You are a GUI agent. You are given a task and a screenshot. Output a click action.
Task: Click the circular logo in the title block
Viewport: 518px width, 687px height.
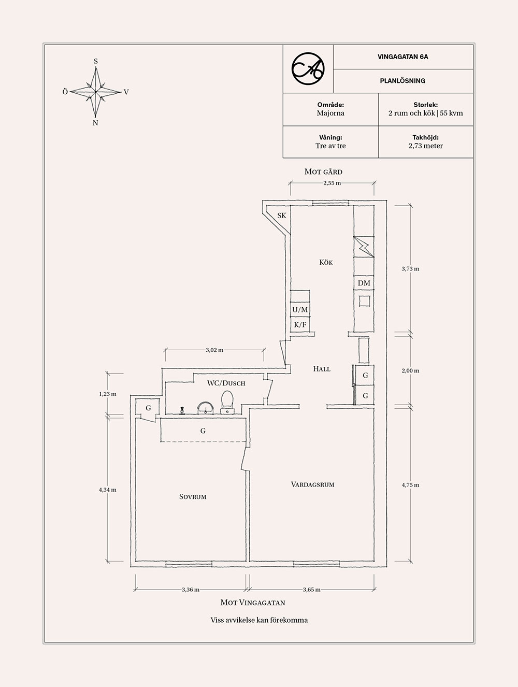click(x=308, y=69)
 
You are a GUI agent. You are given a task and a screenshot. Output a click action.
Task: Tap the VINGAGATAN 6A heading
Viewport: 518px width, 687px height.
click(x=403, y=56)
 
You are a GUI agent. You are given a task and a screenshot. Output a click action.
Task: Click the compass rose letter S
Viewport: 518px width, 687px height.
click(x=96, y=61)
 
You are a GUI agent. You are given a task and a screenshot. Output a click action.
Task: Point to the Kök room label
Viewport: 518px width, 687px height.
click(x=326, y=262)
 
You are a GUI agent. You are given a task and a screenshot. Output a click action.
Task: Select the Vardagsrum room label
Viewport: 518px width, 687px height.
click(x=312, y=484)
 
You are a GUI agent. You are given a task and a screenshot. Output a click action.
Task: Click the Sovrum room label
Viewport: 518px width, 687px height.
click(x=193, y=497)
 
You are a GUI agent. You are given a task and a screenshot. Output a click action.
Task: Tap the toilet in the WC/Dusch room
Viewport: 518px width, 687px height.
click(x=227, y=403)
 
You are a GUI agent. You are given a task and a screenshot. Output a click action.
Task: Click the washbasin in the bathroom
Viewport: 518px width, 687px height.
click(x=205, y=408)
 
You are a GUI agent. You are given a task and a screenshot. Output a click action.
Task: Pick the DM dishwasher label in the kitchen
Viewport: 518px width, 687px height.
click(x=364, y=283)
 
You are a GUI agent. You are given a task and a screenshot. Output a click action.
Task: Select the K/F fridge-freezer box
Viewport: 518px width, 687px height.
click(x=300, y=324)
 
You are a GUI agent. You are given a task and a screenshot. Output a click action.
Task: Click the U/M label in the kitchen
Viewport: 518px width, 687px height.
click(x=300, y=310)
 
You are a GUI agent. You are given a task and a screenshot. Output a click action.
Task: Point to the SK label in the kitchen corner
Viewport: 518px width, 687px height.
click(x=281, y=216)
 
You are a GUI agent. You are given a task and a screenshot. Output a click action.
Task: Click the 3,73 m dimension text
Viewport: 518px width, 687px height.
click(x=410, y=269)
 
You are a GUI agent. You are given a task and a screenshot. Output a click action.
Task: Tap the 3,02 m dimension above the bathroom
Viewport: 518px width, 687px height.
click(x=214, y=350)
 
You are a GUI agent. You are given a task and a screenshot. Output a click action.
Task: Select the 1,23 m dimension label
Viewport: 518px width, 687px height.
click(x=108, y=394)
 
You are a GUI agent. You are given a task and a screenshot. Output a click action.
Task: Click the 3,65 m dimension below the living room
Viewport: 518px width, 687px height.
click(x=311, y=590)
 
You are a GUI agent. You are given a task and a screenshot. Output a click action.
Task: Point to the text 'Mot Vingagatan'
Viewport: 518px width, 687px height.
click(x=253, y=603)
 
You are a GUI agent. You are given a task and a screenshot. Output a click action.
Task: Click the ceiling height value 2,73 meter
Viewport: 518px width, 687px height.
click(x=425, y=146)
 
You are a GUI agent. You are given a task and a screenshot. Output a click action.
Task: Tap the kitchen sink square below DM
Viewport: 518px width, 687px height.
click(x=365, y=301)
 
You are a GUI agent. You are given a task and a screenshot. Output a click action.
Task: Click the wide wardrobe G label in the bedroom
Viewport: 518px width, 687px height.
click(x=203, y=431)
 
